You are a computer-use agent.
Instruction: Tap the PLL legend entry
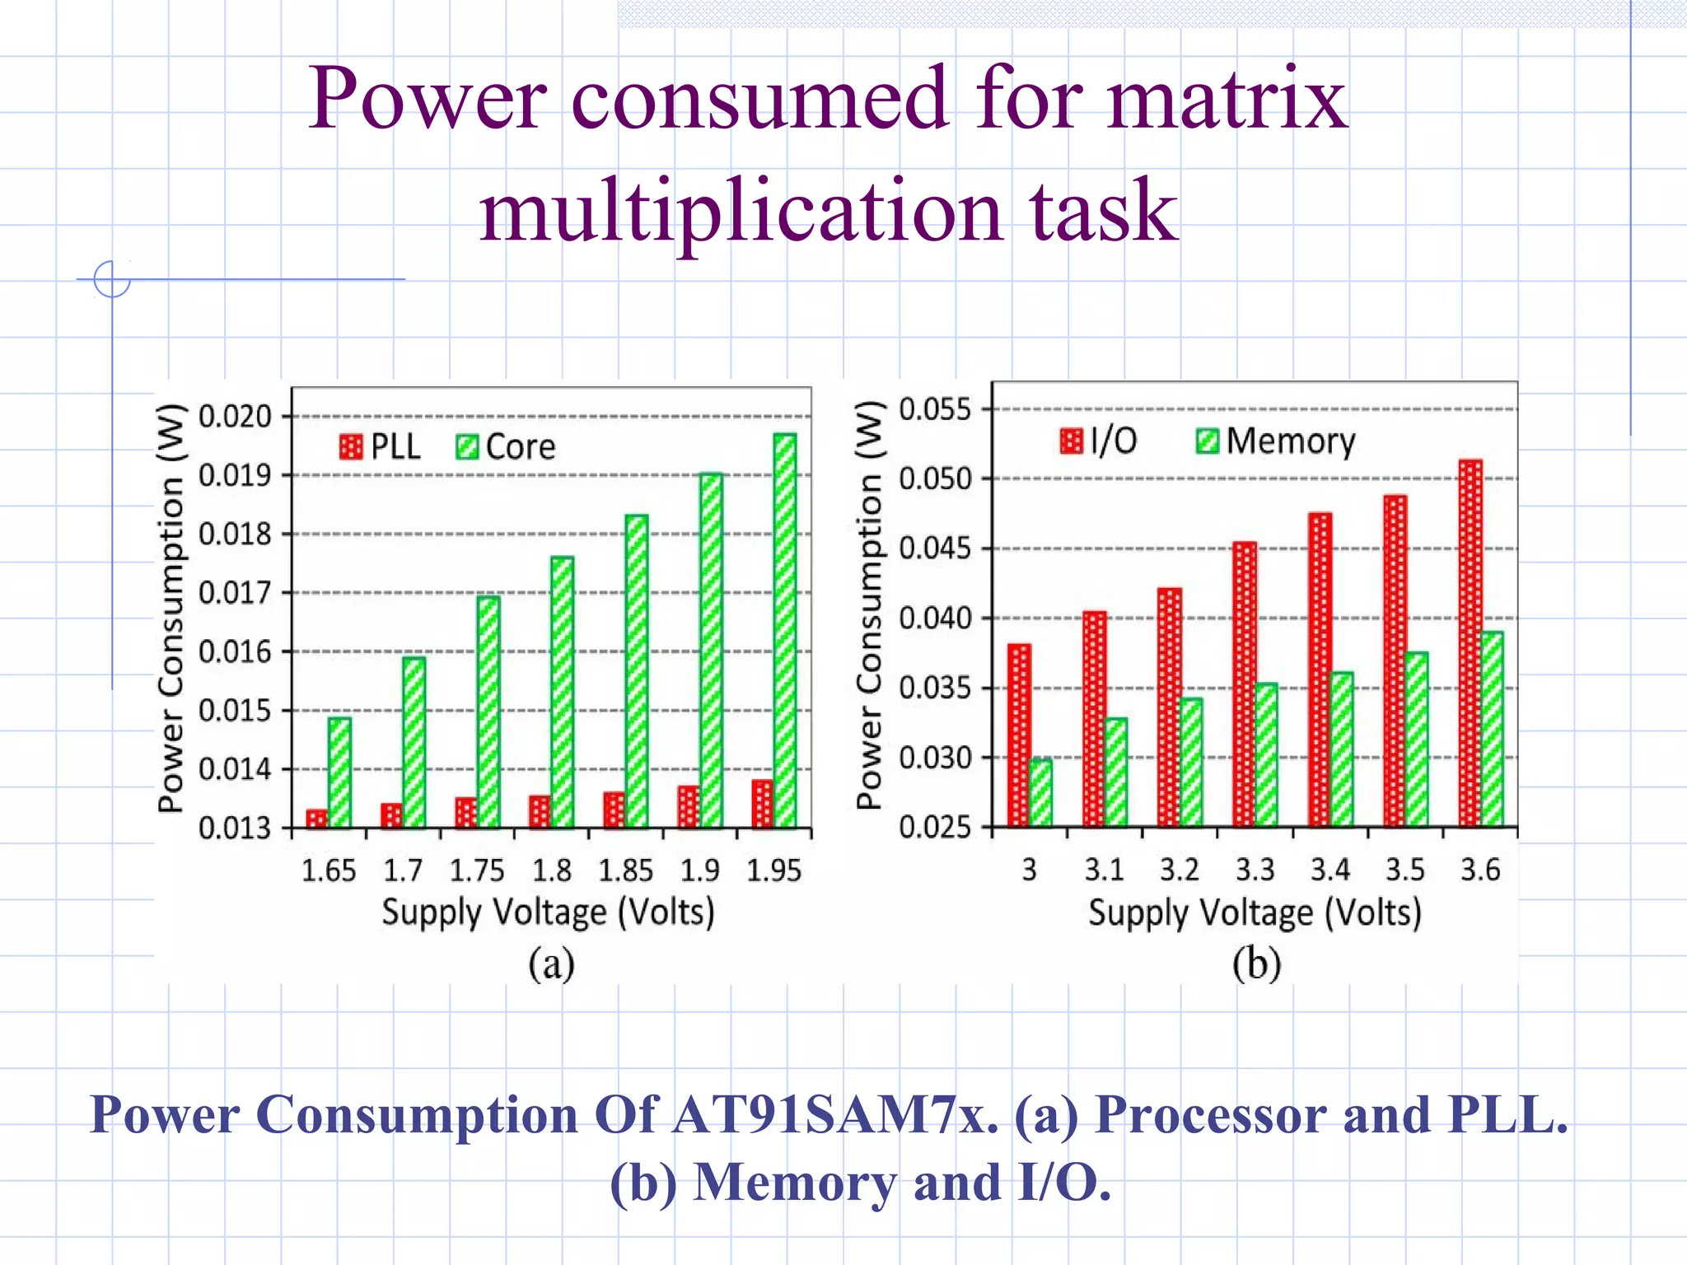pos(380,447)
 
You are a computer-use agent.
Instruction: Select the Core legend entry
pos(506,447)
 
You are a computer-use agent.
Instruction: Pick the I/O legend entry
pos(1099,441)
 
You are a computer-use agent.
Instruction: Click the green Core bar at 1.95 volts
pos(785,630)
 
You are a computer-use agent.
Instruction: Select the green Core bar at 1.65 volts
pos(339,772)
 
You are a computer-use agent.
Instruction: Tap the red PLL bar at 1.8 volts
pos(540,811)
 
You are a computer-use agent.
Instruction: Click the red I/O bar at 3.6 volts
pos(1470,642)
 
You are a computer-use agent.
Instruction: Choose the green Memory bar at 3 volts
pos(1040,792)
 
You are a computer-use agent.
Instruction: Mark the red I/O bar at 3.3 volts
pos(1245,684)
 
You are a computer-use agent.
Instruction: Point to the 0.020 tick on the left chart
pos(235,417)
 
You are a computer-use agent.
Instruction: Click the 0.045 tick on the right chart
pos(935,548)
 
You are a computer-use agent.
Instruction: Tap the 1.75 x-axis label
pos(477,871)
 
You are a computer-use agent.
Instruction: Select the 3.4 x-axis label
pos(1330,870)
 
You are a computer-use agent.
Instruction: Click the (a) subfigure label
pos(551,964)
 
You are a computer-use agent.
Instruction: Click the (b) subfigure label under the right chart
pos(1256,964)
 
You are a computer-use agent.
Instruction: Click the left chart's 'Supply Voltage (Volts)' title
pos(548,913)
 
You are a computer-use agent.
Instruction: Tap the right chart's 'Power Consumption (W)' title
pos(869,605)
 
